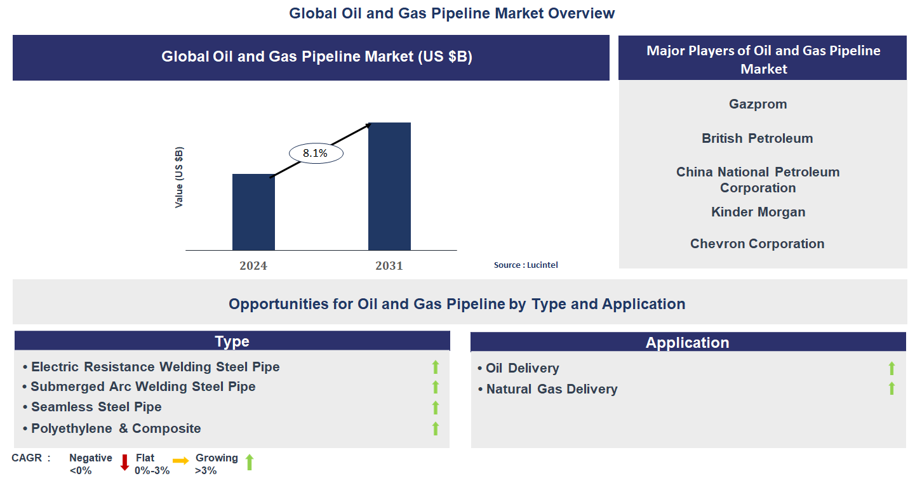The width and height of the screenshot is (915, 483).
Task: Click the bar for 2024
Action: (x=253, y=212)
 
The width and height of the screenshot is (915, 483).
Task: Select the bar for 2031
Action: (x=389, y=187)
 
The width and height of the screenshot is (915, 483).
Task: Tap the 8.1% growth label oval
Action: (x=316, y=154)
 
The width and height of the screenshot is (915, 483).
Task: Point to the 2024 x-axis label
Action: (x=253, y=266)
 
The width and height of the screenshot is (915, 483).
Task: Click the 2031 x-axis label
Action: (x=389, y=266)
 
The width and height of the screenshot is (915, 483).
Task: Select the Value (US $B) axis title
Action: (x=179, y=178)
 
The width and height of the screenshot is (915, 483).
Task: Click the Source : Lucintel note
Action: (x=526, y=265)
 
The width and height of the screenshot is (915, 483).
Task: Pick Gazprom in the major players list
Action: (x=758, y=104)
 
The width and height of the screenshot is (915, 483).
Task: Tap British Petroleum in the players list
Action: (x=757, y=138)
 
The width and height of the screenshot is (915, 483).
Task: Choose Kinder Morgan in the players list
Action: (x=758, y=212)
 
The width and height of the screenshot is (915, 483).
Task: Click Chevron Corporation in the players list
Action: (x=757, y=244)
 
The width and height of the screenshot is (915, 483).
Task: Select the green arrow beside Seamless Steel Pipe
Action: (x=436, y=407)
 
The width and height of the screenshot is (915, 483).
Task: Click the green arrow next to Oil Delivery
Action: (x=892, y=368)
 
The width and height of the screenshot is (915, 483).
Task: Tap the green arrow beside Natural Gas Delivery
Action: (x=892, y=388)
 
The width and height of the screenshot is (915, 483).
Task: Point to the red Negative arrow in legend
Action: (x=124, y=463)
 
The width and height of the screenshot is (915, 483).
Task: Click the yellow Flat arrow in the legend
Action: (x=180, y=461)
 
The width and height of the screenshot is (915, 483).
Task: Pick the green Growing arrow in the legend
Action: (x=250, y=462)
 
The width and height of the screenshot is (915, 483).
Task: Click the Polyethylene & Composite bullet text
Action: (x=116, y=428)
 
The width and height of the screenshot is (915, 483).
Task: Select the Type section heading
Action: (x=232, y=341)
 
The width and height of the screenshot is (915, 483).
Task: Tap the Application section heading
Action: (x=687, y=343)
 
